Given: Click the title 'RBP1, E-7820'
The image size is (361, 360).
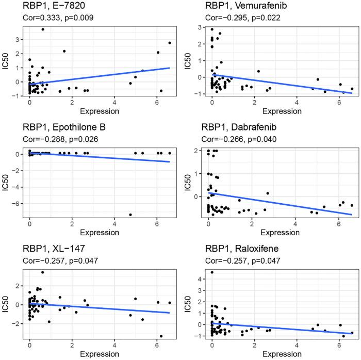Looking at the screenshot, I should (x=46, y=7).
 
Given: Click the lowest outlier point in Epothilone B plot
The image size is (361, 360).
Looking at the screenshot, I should (x=130, y=215).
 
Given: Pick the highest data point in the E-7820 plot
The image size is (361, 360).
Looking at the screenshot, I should (x=43, y=29).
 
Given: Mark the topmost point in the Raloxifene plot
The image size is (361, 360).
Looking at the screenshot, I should (x=212, y=272).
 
